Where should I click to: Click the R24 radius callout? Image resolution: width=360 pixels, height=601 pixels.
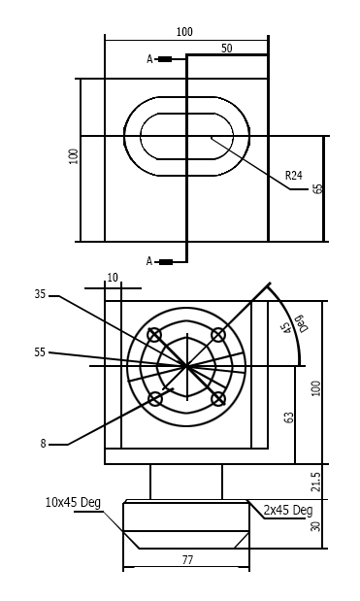293,176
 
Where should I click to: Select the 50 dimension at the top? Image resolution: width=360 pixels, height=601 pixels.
226,48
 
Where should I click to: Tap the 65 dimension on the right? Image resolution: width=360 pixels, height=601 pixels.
317,188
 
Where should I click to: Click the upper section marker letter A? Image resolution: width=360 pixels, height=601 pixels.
150,59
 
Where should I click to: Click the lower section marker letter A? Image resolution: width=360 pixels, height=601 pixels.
150,261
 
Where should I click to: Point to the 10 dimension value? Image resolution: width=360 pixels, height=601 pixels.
113,278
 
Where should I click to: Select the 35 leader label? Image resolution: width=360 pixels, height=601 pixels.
40,293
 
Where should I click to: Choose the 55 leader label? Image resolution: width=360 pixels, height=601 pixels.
40,352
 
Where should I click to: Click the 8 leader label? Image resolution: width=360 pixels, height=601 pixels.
43,444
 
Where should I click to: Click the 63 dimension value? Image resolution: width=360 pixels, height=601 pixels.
289,417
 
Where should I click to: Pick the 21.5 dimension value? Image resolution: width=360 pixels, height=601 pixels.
314,483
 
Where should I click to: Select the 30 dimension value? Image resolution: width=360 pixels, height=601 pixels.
314,525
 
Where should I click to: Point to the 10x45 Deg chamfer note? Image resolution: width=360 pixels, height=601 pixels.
73,503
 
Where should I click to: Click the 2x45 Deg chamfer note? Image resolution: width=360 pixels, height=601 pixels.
288,511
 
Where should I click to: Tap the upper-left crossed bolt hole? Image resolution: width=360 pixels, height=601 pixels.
154,335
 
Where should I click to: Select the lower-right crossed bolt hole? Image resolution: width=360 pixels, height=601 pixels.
218,398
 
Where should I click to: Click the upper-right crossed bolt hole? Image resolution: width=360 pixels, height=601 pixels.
218,335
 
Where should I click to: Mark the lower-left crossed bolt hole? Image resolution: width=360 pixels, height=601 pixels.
154,398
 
